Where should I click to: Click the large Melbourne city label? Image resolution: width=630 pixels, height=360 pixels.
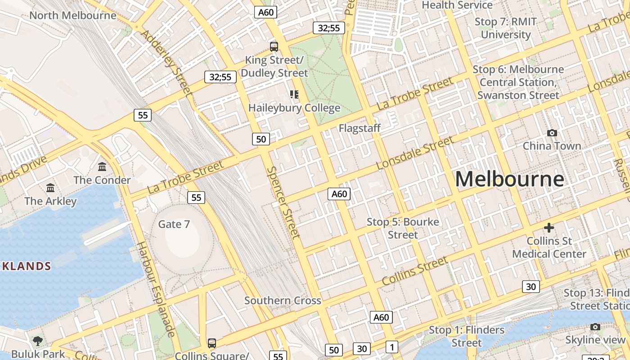(x=509, y=179)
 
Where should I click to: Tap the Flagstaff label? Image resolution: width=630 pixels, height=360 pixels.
(x=360, y=128)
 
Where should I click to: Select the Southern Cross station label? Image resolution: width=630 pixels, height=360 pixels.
(x=283, y=301)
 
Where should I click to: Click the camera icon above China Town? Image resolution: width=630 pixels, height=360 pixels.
(x=552, y=133)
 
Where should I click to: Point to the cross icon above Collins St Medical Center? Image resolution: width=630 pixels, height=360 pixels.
(x=549, y=228)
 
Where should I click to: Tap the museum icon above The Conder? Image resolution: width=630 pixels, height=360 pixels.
(x=102, y=167)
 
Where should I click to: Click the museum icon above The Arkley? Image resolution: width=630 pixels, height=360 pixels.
(x=50, y=188)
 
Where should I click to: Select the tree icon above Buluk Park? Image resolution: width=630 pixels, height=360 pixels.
(x=38, y=341)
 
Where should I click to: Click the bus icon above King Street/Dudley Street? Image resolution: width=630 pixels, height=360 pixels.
(x=274, y=46)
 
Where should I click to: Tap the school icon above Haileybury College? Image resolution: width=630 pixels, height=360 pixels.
(x=294, y=94)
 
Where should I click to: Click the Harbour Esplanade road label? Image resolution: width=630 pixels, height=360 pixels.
(x=155, y=289)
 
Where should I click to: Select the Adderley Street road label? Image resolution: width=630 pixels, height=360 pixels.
(x=166, y=63)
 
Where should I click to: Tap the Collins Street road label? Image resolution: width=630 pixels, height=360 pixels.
(x=415, y=271)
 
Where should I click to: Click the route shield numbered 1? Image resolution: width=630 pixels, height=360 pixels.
(x=392, y=347)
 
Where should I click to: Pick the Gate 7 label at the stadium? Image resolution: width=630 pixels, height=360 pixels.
(x=174, y=224)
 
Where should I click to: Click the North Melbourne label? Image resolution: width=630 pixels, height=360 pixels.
(x=72, y=15)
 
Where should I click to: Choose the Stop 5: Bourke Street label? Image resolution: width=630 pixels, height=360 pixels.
(x=403, y=228)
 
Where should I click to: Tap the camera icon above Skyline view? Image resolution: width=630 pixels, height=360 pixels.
(x=595, y=327)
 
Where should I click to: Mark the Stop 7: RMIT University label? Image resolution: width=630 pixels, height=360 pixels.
(x=506, y=28)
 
